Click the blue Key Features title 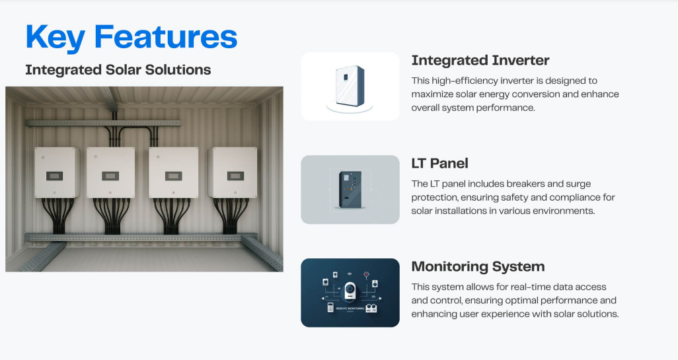(x=132, y=37)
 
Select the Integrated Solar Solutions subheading (x=118, y=70)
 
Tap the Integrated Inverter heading (x=480, y=61)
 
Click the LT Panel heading (x=439, y=163)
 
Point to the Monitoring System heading (x=478, y=267)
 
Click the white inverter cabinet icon (x=350, y=86)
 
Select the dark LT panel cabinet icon (x=350, y=190)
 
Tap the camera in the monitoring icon (x=350, y=291)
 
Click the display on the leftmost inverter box (x=54, y=176)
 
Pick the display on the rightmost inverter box (x=235, y=176)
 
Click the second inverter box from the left (x=111, y=172)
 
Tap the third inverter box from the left (x=173, y=172)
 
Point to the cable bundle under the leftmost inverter (x=57, y=215)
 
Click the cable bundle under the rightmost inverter (x=231, y=215)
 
